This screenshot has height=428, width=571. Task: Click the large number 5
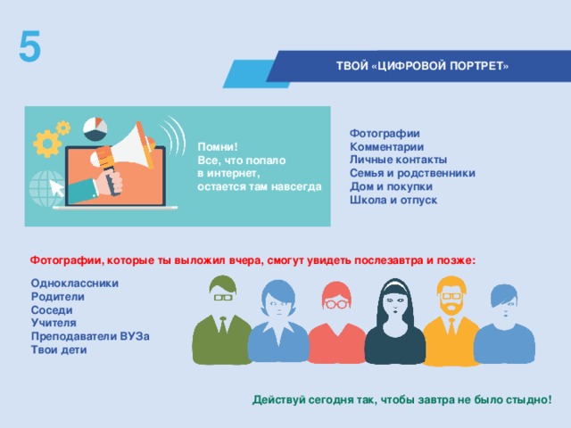point(29,46)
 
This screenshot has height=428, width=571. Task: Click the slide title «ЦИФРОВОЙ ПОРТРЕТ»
point(422,66)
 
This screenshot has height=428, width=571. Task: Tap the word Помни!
point(218,146)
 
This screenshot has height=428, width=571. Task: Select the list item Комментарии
point(386,146)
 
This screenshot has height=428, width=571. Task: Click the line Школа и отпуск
point(393,200)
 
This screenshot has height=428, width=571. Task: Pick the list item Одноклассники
point(74,283)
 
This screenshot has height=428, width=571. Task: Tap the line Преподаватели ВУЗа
point(90,336)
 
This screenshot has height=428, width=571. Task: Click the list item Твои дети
point(59,350)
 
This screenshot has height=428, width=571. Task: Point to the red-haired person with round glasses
point(335,325)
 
